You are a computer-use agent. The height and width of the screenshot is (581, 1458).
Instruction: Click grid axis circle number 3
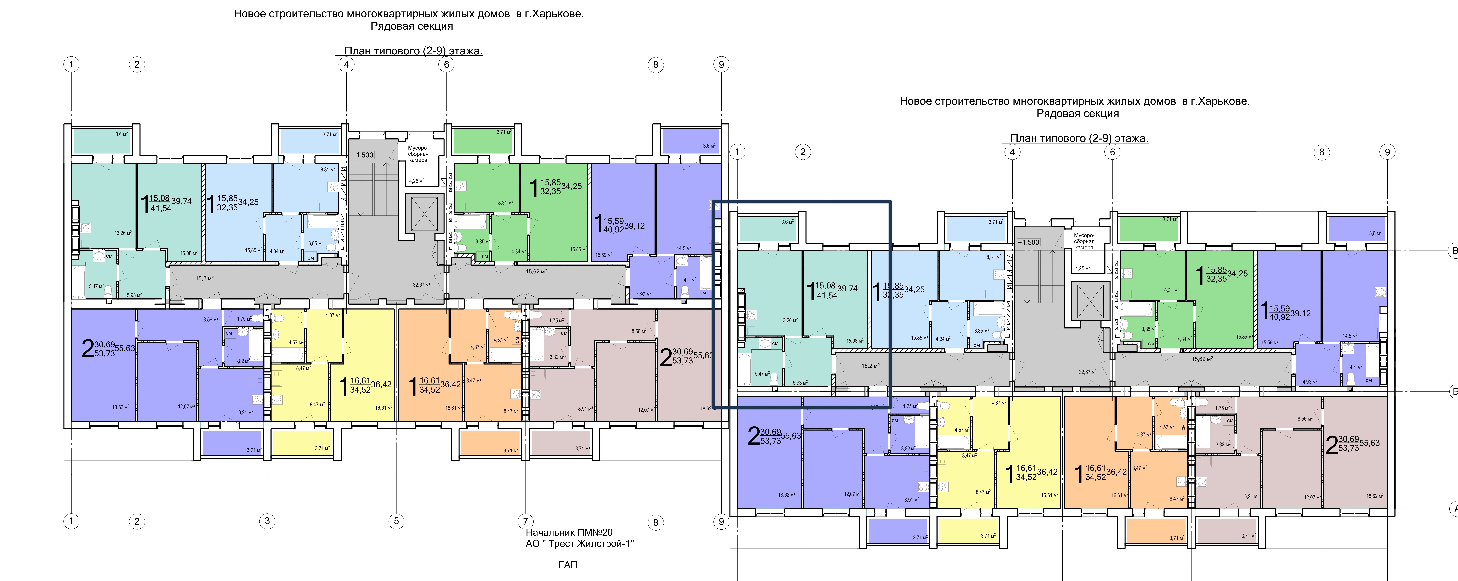(267, 521)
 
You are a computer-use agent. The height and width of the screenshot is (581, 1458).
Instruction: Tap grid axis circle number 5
(396, 521)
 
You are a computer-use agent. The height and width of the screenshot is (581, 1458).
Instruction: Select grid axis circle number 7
(525, 521)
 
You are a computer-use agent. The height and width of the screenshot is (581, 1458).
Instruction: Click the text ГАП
(568, 565)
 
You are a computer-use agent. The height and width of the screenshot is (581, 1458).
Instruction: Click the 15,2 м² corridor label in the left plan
(204, 278)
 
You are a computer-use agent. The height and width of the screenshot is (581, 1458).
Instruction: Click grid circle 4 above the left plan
(346, 64)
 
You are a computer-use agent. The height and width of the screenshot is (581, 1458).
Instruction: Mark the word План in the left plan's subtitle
(358, 51)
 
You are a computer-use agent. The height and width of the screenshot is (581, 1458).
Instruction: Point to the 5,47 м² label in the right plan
(762, 374)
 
